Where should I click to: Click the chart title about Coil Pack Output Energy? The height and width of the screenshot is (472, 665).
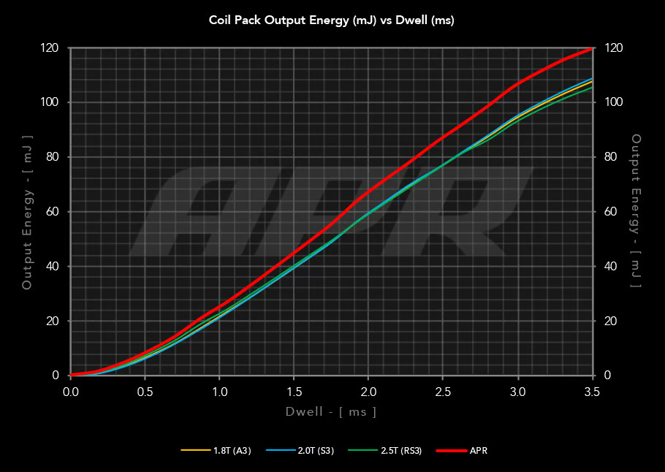pos(332,20)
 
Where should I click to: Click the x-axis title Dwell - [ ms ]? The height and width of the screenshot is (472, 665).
pos(331,412)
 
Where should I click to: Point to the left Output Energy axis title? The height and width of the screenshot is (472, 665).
pos(27,212)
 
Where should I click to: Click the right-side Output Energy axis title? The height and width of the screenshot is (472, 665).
pos(636,212)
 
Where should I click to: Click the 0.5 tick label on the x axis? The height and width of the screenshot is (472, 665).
pos(145,392)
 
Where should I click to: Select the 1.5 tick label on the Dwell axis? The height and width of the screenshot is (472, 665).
pos(294,392)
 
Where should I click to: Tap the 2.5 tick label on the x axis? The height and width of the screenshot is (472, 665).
pos(443,392)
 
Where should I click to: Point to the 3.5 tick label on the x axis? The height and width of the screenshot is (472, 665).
pos(591,392)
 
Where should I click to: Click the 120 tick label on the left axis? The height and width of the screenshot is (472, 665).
pos(50,48)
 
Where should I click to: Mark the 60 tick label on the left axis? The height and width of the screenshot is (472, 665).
pos(53,212)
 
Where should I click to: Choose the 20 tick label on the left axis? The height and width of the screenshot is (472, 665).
pos(53,321)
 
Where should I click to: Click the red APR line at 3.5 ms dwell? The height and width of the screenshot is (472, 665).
pos(591,49)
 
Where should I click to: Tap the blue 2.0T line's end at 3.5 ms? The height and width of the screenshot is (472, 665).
pos(591,78)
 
